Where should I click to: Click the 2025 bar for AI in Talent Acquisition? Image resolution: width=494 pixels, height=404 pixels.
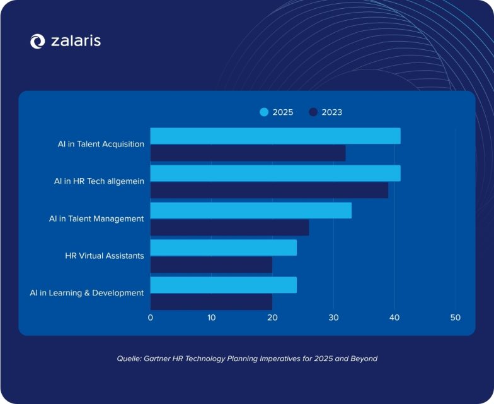[x=275, y=136]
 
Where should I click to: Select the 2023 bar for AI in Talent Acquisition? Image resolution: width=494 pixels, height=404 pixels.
[x=248, y=153]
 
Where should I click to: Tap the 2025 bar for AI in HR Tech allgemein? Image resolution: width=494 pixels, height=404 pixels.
[x=275, y=173]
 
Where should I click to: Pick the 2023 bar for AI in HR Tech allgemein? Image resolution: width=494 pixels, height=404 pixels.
[x=269, y=191]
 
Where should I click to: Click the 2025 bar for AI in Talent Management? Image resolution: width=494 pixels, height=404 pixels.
[x=251, y=210]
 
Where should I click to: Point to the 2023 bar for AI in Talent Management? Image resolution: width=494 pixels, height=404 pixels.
[x=229, y=228]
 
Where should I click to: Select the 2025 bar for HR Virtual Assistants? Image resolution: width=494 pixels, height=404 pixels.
[x=223, y=247]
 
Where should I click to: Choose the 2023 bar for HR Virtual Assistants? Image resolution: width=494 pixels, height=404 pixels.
[x=211, y=265]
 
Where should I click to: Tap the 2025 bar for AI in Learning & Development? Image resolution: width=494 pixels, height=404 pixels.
[x=223, y=285]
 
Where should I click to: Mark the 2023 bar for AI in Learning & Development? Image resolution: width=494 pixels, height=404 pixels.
[x=211, y=302]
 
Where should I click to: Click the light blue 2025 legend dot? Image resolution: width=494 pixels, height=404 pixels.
[x=264, y=112]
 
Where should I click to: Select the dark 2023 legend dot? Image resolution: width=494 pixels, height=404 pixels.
[x=313, y=112]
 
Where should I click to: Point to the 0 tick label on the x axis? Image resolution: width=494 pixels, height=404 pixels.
[x=150, y=318]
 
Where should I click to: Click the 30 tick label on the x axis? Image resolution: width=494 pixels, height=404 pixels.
[x=333, y=318]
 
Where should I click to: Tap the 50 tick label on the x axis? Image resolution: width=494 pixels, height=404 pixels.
[x=456, y=318]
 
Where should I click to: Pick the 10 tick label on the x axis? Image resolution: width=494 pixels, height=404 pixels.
[x=211, y=318]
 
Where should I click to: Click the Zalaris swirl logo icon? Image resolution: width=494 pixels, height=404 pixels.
[x=38, y=42]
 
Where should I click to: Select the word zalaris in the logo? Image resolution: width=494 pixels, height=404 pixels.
[x=75, y=41]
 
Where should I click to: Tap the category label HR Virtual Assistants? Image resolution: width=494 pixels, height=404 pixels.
[x=105, y=256]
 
